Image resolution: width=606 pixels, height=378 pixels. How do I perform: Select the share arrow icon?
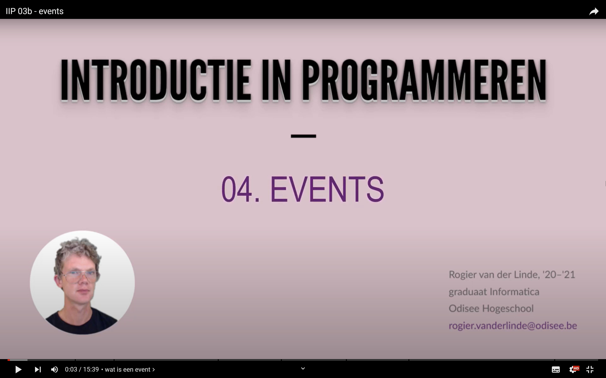pyautogui.click(x=594, y=11)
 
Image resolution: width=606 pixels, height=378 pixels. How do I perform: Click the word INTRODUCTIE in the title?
pyautogui.click(x=155, y=80)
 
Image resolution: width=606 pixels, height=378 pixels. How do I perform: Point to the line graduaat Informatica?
pyautogui.click(x=494, y=292)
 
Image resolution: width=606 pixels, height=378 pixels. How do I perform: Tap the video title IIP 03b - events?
pyautogui.click(x=35, y=11)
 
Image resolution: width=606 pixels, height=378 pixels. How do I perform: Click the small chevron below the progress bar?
pyautogui.click(x=303, y=368)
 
